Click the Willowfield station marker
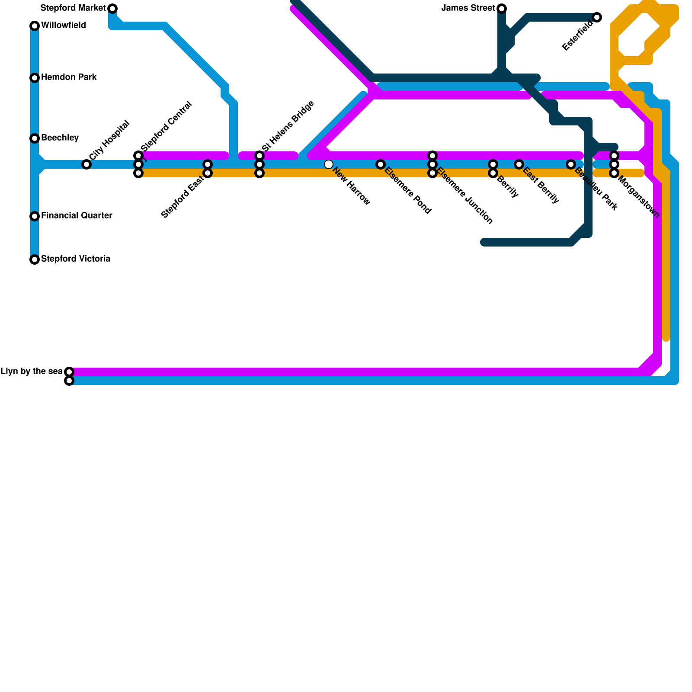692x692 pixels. click(35, 26)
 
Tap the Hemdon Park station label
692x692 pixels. click(69, 77)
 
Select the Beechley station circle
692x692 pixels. click(35, 138)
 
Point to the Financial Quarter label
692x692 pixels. click(77, 215)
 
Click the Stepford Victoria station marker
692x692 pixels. click(35, 259)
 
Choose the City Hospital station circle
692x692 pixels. click(86, 164)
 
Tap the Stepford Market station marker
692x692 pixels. click(112, 9)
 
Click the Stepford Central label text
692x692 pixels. click(166, 126)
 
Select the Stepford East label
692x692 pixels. click(182, 197)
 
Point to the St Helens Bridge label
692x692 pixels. click(288, 126)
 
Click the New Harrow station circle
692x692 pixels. click(329, 164)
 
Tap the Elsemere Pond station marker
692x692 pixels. click(381, 164)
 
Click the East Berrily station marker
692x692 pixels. click(519, 164)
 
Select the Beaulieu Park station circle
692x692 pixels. click(571, 164)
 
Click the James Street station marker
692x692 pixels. click(502, 9)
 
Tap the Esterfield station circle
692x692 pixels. click(597, 17)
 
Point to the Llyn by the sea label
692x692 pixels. click(32, 372)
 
